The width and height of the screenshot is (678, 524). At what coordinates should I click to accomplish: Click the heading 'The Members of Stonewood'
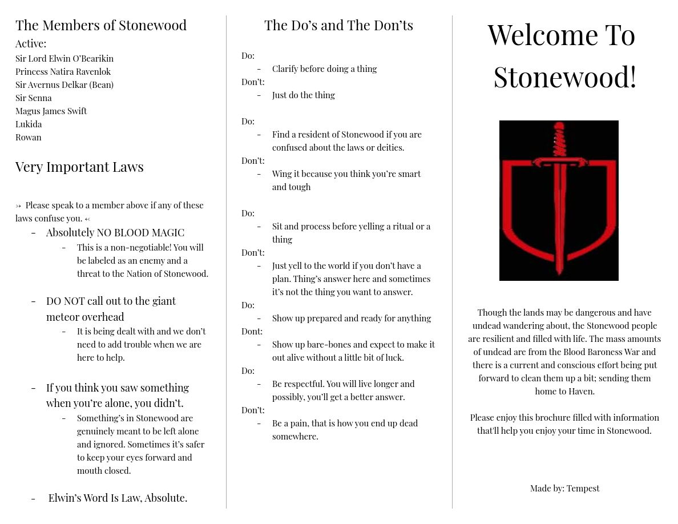point(101,25)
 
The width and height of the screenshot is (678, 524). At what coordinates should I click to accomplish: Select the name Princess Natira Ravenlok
point(63,71)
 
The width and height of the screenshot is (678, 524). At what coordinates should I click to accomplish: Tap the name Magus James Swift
point(51,111)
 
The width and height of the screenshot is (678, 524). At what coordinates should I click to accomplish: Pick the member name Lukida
point(29,124)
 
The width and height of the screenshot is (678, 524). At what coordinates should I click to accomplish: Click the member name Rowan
point(29,137)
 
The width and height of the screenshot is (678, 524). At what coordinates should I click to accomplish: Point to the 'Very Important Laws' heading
point(79,167)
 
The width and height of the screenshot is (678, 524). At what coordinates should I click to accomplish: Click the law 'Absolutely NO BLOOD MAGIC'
point(115,232)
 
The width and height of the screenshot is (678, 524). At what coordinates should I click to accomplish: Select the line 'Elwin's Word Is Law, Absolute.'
point(118,498)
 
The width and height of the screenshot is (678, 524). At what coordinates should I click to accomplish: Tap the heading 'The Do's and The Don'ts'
point(338,25)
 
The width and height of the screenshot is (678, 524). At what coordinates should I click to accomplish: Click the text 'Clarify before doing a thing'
point(324,68)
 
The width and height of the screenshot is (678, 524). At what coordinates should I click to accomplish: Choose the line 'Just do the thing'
point(303,95)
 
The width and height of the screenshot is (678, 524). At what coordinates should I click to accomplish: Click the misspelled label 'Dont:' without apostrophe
point(252,331)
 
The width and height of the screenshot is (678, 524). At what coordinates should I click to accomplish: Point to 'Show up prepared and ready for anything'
point(352,318)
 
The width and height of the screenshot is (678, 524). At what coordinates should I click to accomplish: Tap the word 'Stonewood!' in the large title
point(564,77)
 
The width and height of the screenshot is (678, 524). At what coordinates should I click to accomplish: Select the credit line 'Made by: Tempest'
point(564,488)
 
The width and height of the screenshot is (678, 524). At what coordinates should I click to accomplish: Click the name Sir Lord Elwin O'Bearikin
point(64,58)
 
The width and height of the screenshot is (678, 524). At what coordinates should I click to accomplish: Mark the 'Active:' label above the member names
point(31,43)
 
